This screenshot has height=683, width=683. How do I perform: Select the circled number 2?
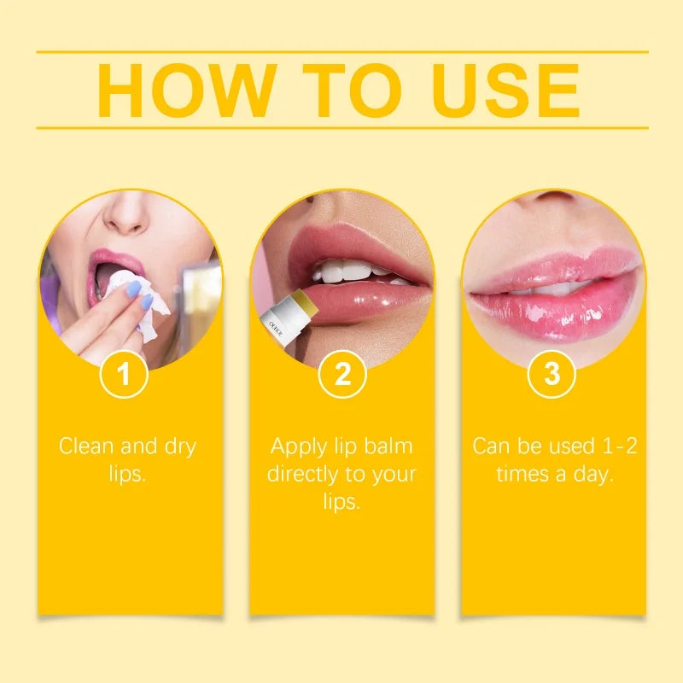coord(341,376)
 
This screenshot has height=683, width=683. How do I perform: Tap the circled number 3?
coord(552,376)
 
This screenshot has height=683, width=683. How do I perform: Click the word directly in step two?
coord(305,475)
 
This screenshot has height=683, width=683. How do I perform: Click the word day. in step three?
coord(594,475)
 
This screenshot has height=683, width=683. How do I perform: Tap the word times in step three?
coord(522,475)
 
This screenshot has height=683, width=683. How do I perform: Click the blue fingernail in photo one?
coord(133,290)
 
